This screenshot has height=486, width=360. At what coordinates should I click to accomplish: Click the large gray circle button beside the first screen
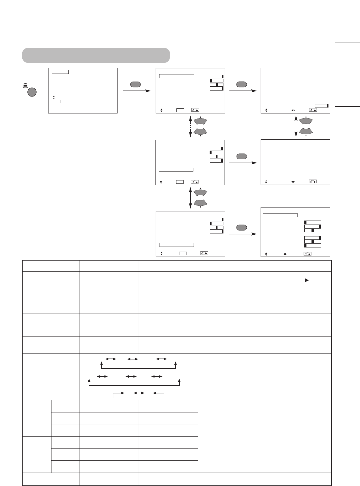[32, 92]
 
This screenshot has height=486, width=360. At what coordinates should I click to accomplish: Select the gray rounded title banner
[96, 55]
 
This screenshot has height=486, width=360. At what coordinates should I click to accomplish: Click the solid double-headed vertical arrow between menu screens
[190, 198]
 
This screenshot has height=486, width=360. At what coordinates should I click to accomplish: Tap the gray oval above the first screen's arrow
[135, 84]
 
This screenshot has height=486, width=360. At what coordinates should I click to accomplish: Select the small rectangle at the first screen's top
[60, 72]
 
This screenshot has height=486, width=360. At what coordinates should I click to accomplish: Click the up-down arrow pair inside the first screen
[54, 97]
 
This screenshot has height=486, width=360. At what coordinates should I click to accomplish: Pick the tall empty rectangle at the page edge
[347, 75]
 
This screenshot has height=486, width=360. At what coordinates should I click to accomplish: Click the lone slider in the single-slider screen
[322, 105]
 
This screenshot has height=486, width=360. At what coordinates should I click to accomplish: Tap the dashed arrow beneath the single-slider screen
[296, 126]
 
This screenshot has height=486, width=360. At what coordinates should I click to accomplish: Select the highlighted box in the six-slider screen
[280, 215]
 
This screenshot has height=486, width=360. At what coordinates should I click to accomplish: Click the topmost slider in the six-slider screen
[312, 222]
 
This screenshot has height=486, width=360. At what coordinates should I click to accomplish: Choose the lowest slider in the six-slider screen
[312, 246]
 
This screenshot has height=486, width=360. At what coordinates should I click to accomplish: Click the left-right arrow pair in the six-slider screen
[285, 254]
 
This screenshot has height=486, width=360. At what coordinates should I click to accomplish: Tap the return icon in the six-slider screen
[307, 254]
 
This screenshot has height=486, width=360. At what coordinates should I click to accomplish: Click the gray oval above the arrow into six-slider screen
[242, 228]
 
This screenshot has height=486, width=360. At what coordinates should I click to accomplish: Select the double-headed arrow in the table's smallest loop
[138, 393]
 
